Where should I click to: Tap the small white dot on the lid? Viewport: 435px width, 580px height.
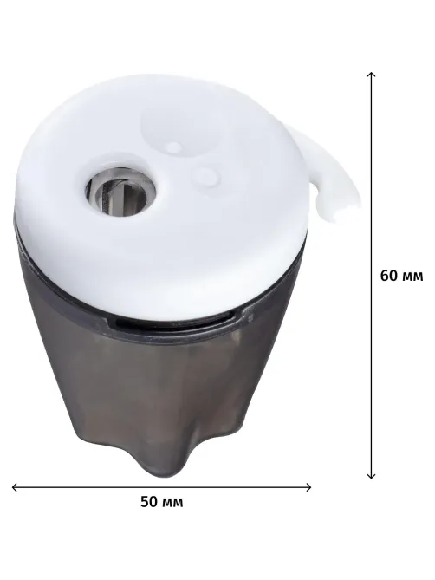click(x=172, y=147)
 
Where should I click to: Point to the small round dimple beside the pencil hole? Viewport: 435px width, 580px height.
click(x=207, y=176)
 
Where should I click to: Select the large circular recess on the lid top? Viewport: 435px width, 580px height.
click(x=183, y=128)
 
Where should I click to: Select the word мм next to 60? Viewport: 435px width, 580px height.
click(x=412, y=277)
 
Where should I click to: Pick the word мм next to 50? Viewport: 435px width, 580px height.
click(x=172, y=503)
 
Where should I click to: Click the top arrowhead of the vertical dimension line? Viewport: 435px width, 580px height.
click(x=371, y=75)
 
